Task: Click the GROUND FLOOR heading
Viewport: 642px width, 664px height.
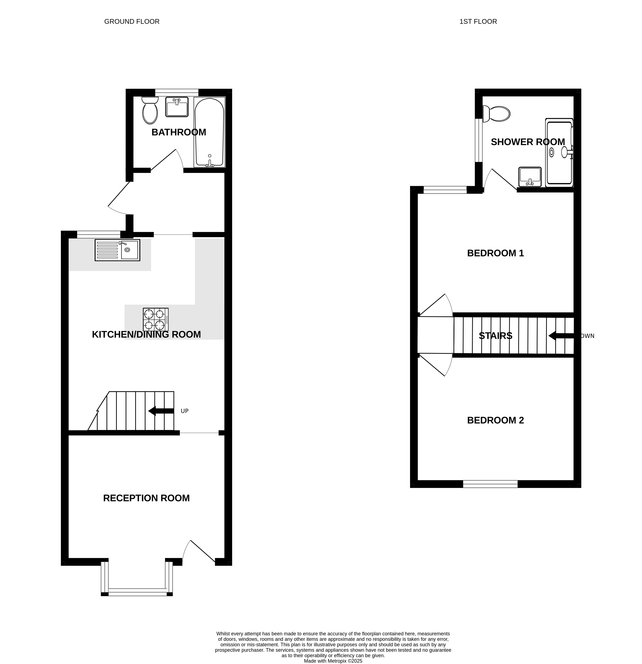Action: pyautogui.click(x=132, y=22)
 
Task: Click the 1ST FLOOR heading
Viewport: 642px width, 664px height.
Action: pyautogui.click(x=478, y=22)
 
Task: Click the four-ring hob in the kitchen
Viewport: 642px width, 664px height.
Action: pyautogui.click(x=156, y=320)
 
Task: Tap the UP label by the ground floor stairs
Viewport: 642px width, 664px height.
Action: pyautogui.click(x=185, y=411)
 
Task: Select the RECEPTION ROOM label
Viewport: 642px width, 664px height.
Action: pyautogui.click(x=146, y=498)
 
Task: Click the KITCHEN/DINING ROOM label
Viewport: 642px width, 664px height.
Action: pyautogui.click(x=146, y=334)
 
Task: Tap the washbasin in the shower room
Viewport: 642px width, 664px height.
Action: pyautogui.click(x=530, y=176)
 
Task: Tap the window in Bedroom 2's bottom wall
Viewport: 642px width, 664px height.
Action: pyautogui.click(x=490, y=484)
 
